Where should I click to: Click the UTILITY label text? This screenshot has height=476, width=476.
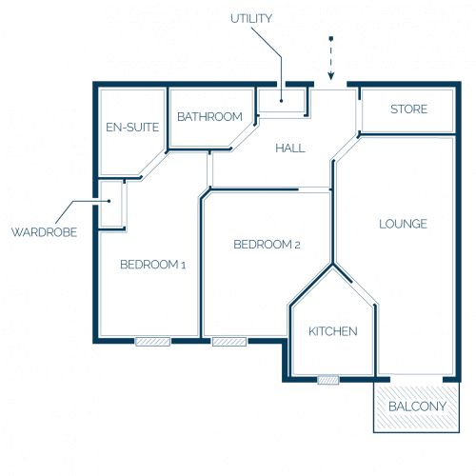point(251,19)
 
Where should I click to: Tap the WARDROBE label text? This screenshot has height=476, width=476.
point(44,232)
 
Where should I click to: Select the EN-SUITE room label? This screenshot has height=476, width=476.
point(132,128)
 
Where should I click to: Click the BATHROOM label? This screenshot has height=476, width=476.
point(209,117)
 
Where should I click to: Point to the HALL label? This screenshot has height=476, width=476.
point(290,149)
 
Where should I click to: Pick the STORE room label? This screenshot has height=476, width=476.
point(408,109)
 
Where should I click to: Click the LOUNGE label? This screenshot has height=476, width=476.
point(403,224)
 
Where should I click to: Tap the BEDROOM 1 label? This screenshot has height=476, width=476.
point(152,265)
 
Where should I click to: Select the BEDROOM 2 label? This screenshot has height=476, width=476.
point(267,245)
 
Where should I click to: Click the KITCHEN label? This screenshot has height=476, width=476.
point(333,331)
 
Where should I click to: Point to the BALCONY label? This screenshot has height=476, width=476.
point(417,407)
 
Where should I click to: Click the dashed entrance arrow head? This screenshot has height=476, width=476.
point(331,76)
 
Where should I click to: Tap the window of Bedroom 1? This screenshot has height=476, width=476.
point(152,342)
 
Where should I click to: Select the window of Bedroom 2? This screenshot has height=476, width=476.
point(229,342)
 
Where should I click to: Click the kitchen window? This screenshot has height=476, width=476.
point(328,380)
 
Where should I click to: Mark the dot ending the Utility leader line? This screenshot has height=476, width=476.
point(281,101)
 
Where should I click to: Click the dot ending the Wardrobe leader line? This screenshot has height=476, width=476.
point(109,201)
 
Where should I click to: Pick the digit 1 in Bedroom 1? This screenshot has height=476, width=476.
point(183,266)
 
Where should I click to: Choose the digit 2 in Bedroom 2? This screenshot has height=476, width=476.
point(297,246)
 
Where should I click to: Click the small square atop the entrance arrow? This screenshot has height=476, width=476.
point(331,39)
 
